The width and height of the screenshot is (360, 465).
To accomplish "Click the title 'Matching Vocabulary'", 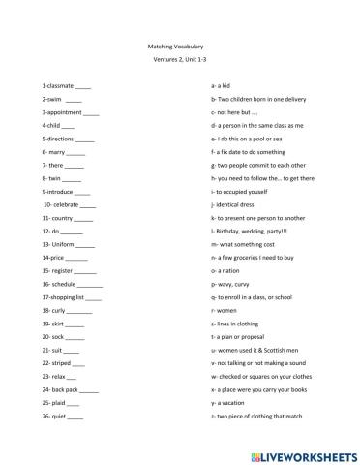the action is pyautogui.click(x=162, y=45).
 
